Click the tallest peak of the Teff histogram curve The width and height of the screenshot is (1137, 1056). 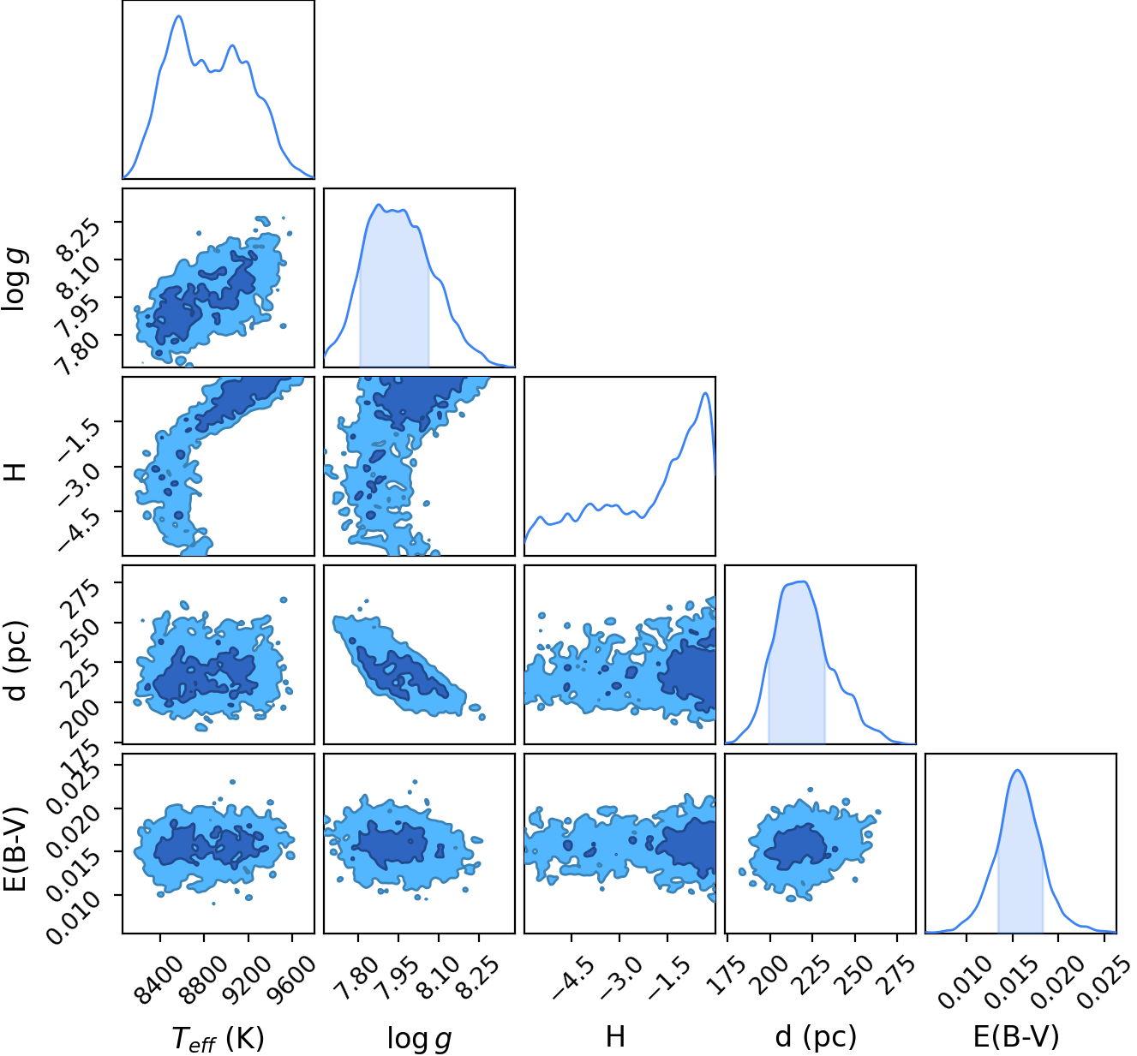178,16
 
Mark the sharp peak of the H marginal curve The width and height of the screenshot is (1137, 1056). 705,393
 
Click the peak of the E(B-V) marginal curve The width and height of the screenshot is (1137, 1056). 1017,771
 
